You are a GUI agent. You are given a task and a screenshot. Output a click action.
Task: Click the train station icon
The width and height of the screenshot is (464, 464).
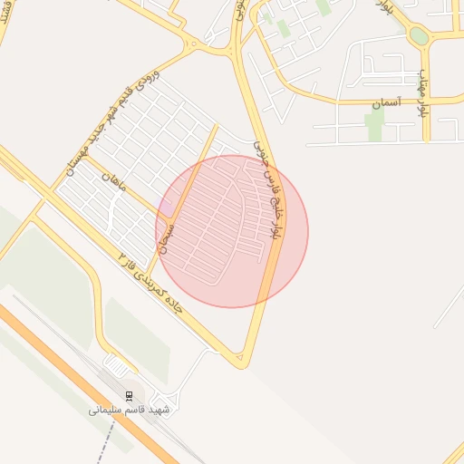coord(129,395)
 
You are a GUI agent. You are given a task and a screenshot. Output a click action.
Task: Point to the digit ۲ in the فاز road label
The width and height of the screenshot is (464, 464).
coord(123,260)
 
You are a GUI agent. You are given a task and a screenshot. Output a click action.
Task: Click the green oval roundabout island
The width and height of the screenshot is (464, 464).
coord(419,35)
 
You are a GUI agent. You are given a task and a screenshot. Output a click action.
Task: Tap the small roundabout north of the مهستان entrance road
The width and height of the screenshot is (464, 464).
coord(192,43)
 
